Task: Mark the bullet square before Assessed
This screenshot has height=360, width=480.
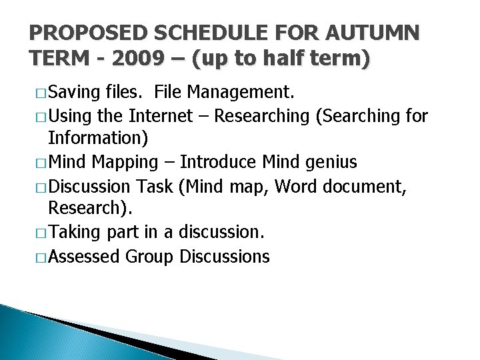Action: [x=40, y=257]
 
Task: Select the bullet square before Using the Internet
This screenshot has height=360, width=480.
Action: [x=40, y=117]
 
